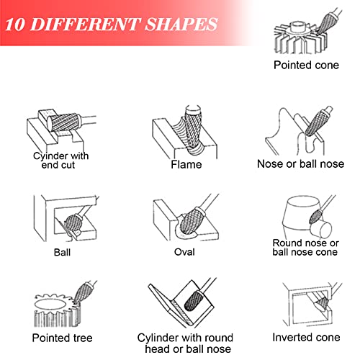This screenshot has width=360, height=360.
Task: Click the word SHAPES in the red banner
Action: click(x=181, y=24)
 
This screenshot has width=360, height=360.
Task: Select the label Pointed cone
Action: click(x=306, y=65)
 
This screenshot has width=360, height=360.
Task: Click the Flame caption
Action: click(x=186, y=165)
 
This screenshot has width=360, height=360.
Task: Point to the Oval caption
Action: click(x=184, y=252)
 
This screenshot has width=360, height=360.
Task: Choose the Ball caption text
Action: click(x=62, y=253)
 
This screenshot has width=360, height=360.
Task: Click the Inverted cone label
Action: click(x=306, y=338)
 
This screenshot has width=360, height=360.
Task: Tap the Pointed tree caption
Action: click(x=63, y=338)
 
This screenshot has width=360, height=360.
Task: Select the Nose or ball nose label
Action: click(x=300, y=164)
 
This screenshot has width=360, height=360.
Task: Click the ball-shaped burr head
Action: click(x=73, y=224)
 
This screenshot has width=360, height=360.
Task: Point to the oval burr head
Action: click(x=189, y=221)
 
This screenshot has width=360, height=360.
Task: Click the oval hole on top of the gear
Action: click(x=50, y=305)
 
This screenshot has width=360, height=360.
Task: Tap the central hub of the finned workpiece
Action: click(x=299, y=27)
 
